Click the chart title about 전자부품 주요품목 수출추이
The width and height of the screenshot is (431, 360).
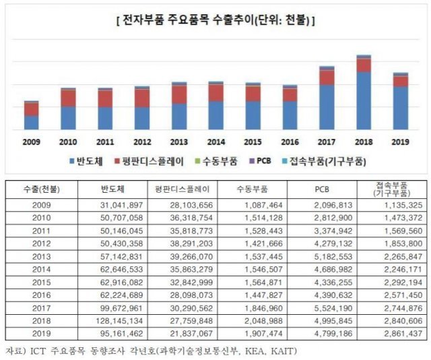point(215,21)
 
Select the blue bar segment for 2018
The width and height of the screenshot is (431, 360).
point(364,101)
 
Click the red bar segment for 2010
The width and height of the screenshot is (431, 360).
point(68,98)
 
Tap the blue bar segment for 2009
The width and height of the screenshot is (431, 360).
point(32,122)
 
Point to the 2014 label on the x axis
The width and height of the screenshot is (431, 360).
point(216,142)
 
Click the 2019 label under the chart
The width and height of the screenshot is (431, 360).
point(400,142)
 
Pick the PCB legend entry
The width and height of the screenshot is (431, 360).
point(260,162)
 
